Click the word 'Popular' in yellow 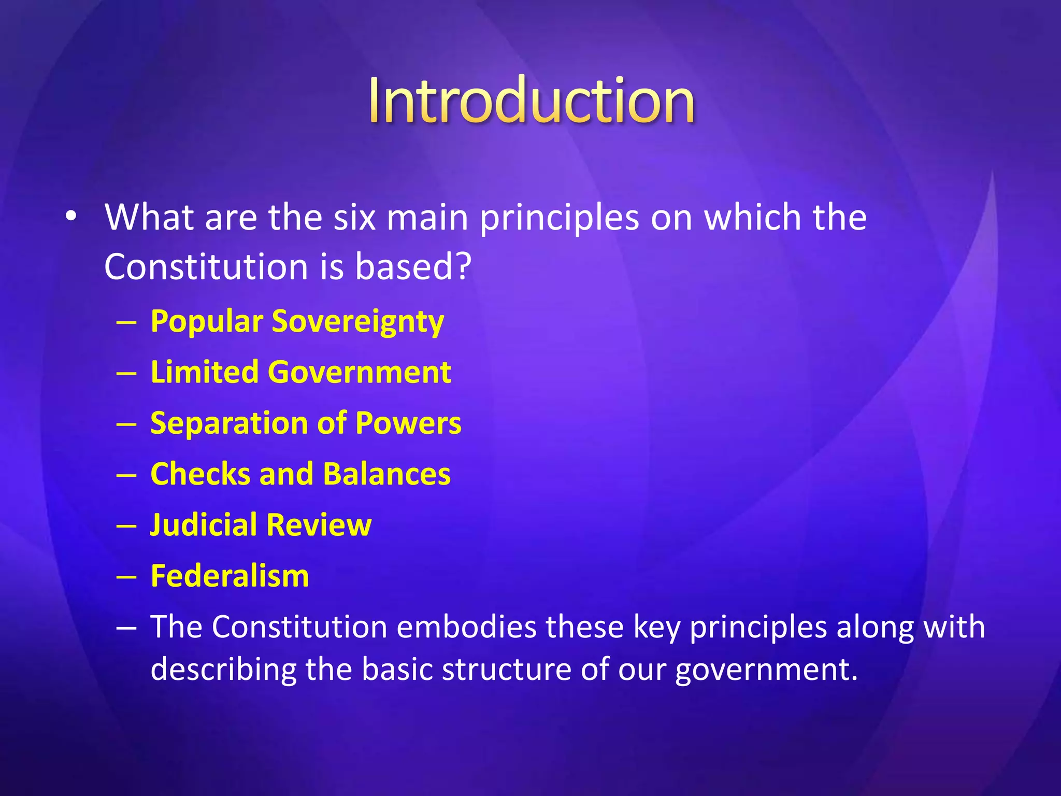[207, 322]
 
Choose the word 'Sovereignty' [358, 322]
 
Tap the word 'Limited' [205, 372]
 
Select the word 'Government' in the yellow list [360, 372]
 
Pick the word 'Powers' [408, 423]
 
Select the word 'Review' [320, 524]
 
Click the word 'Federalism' [230, 576]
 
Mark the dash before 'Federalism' [126, 576]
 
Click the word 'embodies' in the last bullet [466, 627]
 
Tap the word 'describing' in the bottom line [223, 669]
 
